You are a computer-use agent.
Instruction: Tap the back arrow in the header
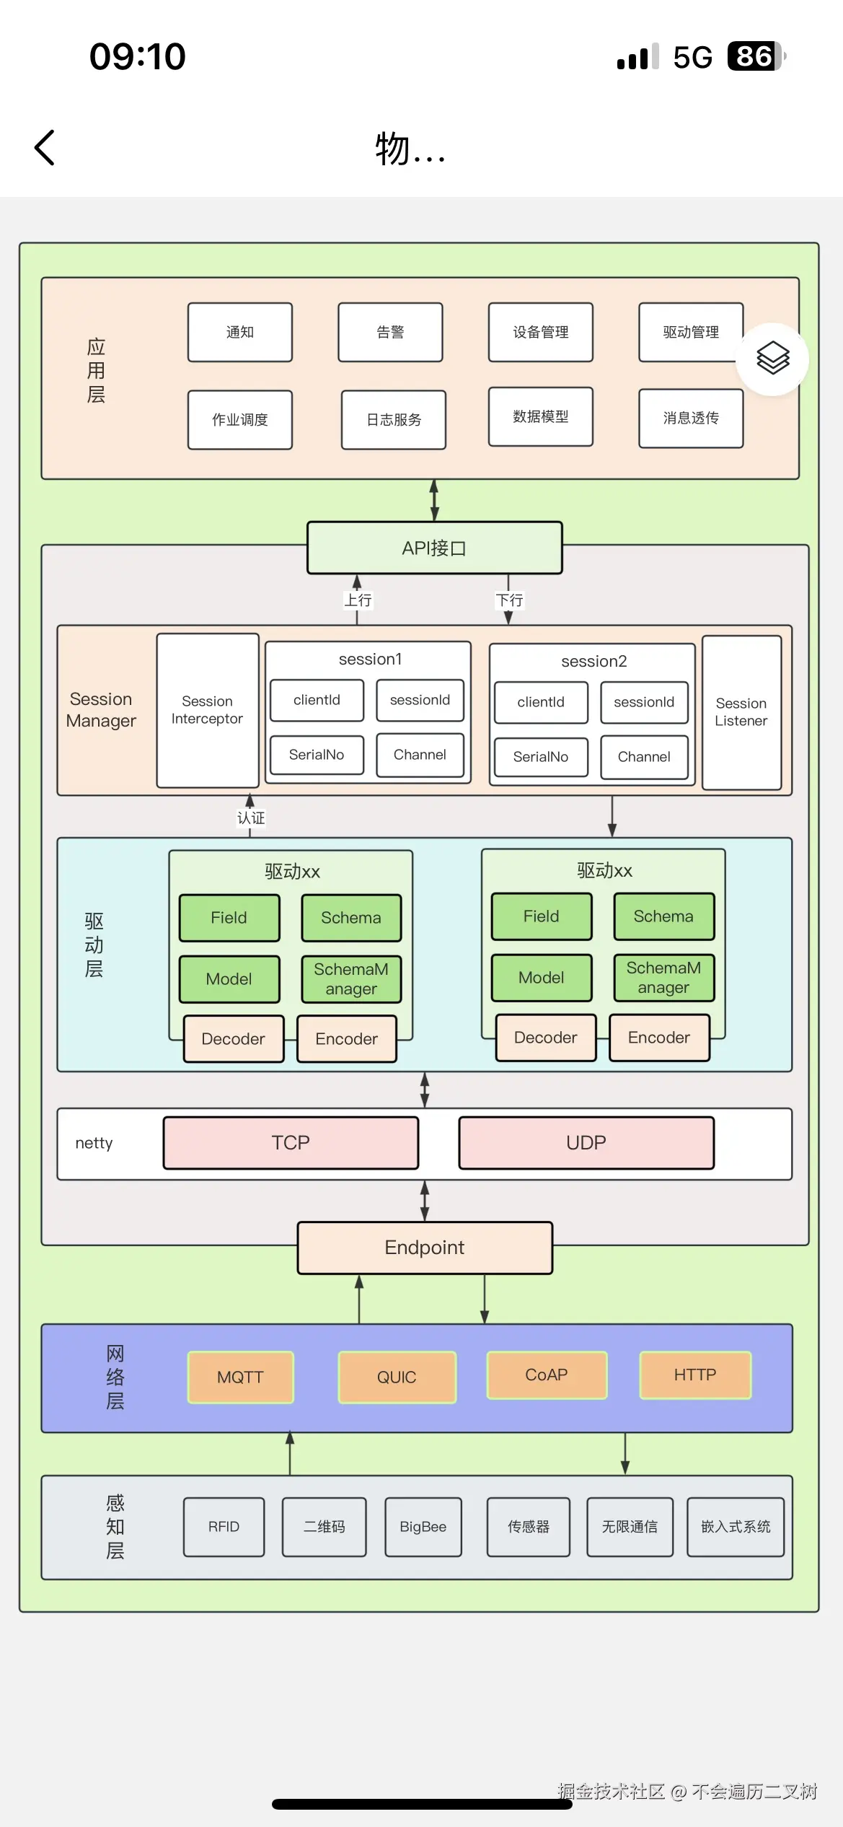coord(45,148)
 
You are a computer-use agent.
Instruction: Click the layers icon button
coord(772,359)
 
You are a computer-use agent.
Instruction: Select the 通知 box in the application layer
coord(240,333)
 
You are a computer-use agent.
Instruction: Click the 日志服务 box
coord(394,420)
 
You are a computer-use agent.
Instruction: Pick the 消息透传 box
coord(691,419)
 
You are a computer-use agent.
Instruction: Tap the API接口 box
coord(434,548)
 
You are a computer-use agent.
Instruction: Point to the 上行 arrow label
coord(358,600)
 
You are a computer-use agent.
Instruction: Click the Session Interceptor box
coord(208,711)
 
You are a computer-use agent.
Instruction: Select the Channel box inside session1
coord(420,755)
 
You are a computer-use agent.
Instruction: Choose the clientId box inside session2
coord(541,702)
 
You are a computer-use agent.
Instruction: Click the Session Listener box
coord(741,712)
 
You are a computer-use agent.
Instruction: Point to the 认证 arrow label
coord(251,818)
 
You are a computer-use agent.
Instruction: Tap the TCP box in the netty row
coord(291,1143)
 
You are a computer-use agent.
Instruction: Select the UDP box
coord(586,1143)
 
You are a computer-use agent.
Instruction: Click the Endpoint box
coord(425,1248)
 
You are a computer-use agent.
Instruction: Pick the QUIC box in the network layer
coord(397,1377)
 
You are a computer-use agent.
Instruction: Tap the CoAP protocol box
coord(547,1375)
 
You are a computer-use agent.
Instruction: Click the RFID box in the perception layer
coord(224,1527)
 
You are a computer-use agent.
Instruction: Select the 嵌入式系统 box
coord(736,1527)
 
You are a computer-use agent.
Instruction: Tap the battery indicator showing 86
coord(755,56)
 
